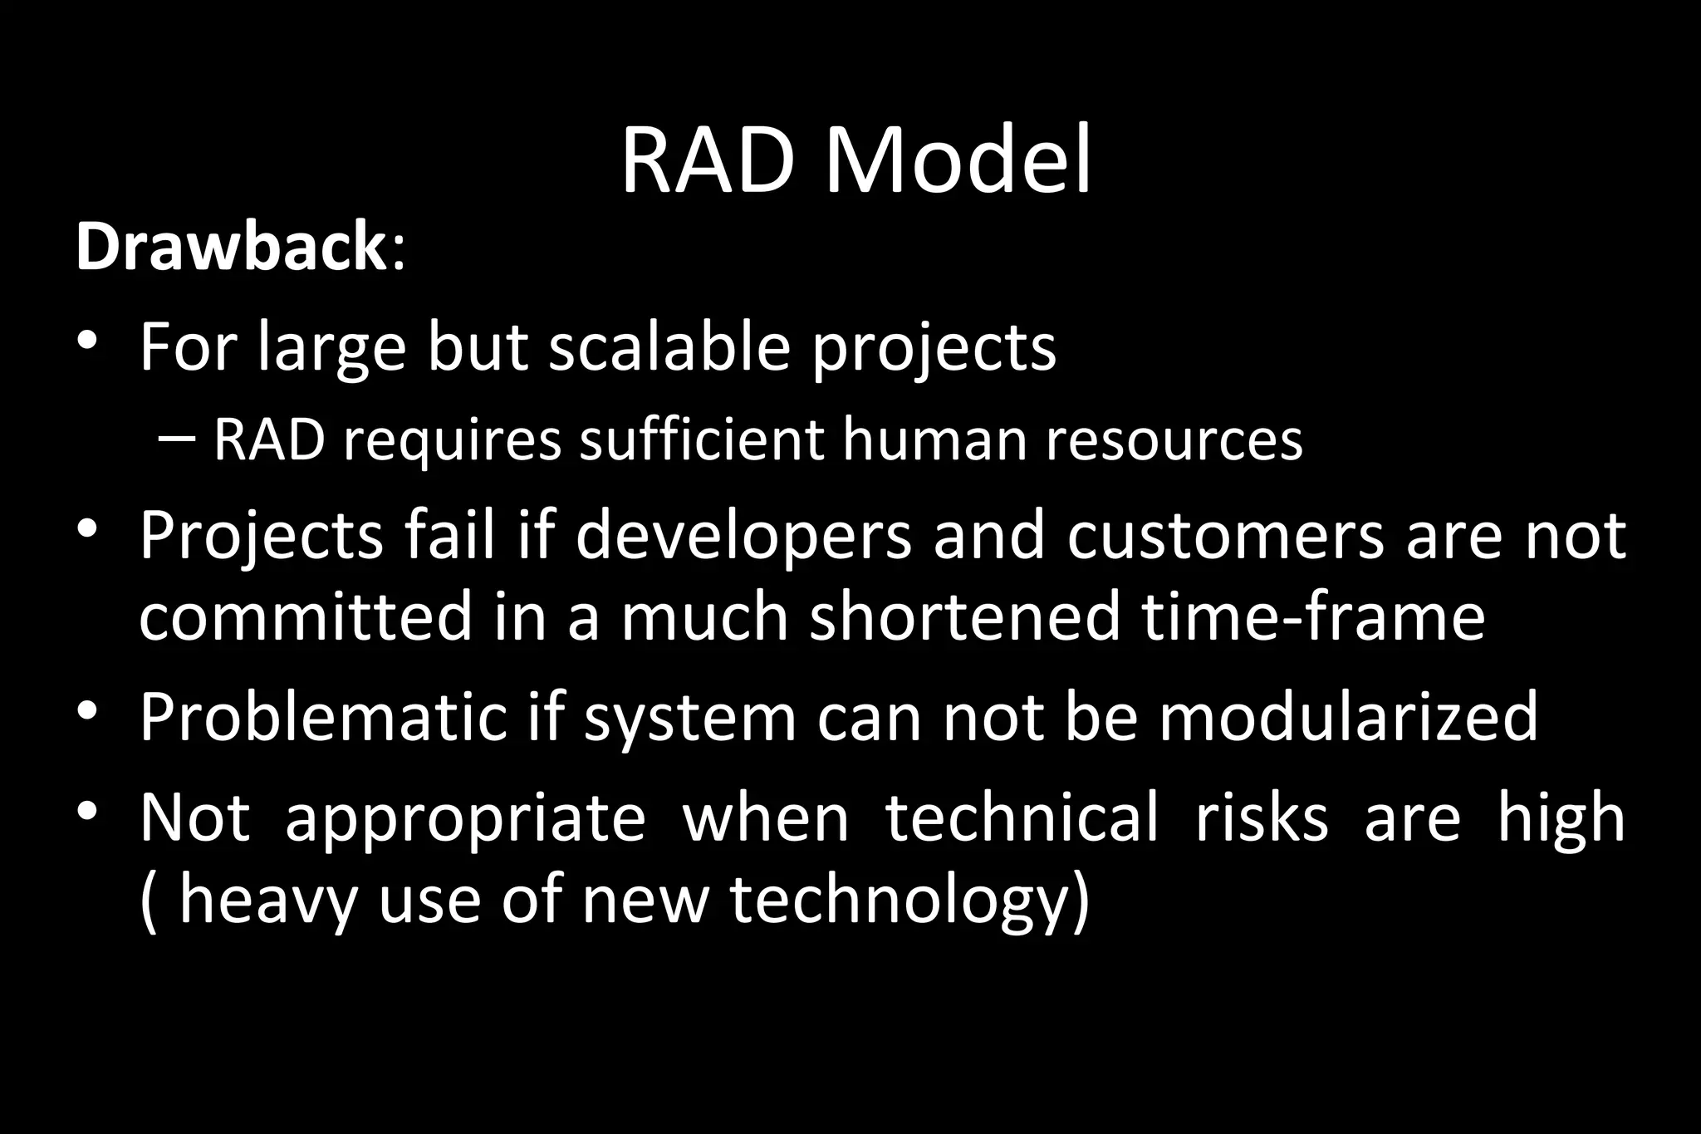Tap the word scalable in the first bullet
tap(669, 346)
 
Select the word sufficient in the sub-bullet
tap(702, 439)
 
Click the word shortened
tap(964, 617)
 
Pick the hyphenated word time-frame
tap(1313, 617)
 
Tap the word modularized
tap(1349, 717)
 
